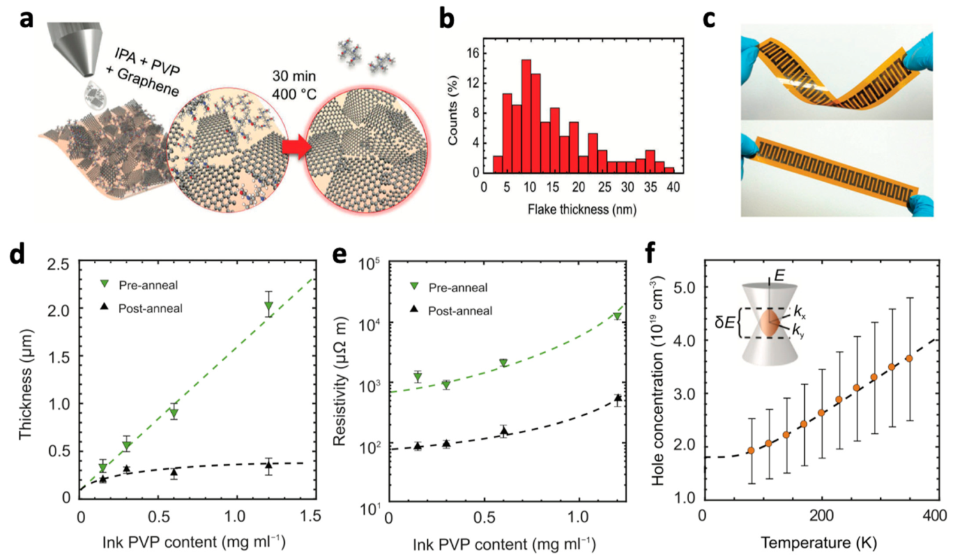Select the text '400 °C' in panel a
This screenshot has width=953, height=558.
294,95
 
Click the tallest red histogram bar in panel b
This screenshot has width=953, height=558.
526,116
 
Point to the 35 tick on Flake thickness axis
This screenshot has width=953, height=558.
650,187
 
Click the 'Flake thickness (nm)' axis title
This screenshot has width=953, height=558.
582,210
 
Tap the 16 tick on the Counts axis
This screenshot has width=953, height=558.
473,54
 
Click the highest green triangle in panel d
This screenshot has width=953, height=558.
269,307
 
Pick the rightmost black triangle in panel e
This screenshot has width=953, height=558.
618,399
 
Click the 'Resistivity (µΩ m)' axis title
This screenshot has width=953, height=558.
339,381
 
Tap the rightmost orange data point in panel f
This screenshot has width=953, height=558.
909,359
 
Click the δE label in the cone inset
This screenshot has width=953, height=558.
724,322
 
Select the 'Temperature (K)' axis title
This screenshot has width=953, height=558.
818,543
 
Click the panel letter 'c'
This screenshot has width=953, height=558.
708,19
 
